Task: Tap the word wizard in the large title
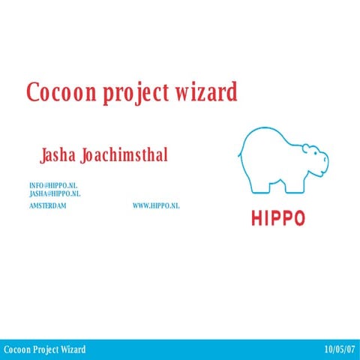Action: click(208, 92)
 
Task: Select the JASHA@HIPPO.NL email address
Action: click(55, 193)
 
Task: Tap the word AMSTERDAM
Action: click(47, 205)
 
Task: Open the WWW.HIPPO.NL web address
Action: click(156, 205)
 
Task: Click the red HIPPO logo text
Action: click(278, 219)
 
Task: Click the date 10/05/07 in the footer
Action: click(340, 350)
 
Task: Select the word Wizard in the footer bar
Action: click(72, 350)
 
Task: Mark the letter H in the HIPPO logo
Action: click(256, 219)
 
